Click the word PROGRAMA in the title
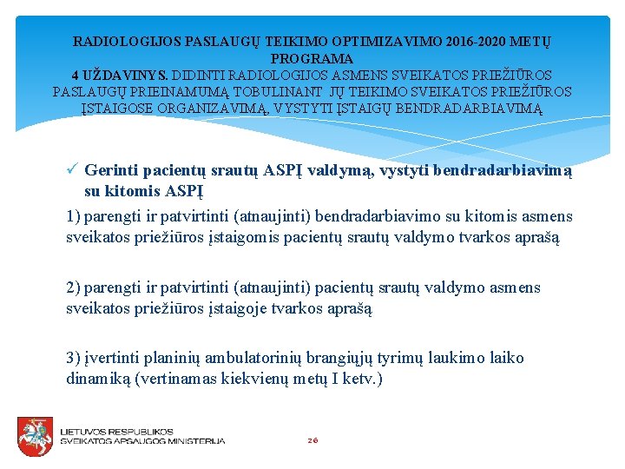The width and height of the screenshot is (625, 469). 312,58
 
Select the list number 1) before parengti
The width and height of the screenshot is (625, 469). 74,216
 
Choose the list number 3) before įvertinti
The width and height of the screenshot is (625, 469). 74,357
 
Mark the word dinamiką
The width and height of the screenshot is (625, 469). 100,379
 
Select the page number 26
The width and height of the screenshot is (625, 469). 312,440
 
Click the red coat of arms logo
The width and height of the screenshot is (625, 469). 36,435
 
